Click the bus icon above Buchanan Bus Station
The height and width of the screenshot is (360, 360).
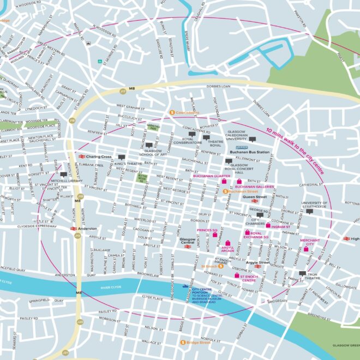click(x=242, y=147)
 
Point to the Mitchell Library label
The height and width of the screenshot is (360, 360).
click(x=66, y=180)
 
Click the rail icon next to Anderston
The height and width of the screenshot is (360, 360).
click(x=74, y=229)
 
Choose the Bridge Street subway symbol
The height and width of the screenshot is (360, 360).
click(x=183, y=343)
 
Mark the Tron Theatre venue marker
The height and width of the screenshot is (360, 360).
click(x=303, y=273)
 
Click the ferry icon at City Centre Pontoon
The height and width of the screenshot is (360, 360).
click(x=186, y=286)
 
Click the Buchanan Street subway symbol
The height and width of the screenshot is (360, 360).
click(x=225, y=191)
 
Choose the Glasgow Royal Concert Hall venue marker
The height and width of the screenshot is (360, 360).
click(x=229, y=161)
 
